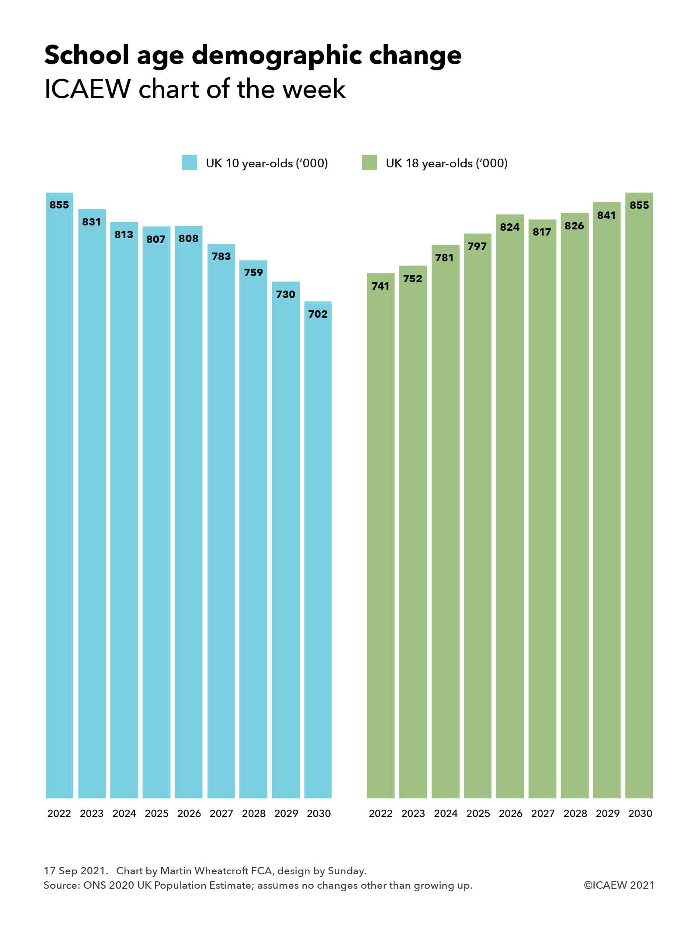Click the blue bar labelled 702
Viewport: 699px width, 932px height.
tap(318, 551)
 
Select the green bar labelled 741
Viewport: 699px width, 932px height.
tap(380, 537)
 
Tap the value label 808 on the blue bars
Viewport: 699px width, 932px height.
tap(188, 239)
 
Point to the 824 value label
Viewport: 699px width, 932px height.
tap(510, 227)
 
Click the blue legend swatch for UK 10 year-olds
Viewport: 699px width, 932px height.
tap(189, 163)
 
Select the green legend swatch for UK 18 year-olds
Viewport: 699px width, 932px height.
tap(369, 163)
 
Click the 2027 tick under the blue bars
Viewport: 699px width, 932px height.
tap(221, 814)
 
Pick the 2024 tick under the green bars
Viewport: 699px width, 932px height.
tap(445, 814)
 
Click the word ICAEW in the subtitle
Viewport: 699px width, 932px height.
tap(87, 89)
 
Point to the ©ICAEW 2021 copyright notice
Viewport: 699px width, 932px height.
tap(619, 885)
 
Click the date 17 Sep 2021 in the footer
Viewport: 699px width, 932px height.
tap(75, 871)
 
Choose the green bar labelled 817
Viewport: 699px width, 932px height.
tap(542, 511)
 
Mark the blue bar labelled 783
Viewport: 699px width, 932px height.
tap(221, 524)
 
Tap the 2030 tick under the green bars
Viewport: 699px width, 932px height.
tap(640, 814)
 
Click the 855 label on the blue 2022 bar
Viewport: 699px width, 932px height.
tap(59, 205)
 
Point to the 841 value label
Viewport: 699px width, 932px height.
tap(606, 215)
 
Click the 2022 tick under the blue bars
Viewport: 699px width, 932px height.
tap(59, 814)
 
